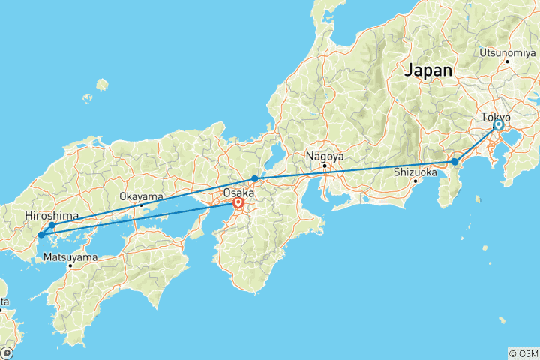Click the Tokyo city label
tap(495, 118)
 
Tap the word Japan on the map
tap(429, 70)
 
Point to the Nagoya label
tap(324, 157)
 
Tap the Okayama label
tap(140, 196)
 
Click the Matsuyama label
tap(70, 256)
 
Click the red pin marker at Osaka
tap(238, 202)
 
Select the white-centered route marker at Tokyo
tap(498, 126)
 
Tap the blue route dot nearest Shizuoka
tap(454, 162)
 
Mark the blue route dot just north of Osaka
tap(255, 178)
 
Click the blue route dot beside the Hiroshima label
tap(52, 225)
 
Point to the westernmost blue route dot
tap(40, 235)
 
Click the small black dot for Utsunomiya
tap(508, 61)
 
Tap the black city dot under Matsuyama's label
tap(70, 265)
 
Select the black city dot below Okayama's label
tap(141, 205)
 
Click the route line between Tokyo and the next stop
tap(476, 144)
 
